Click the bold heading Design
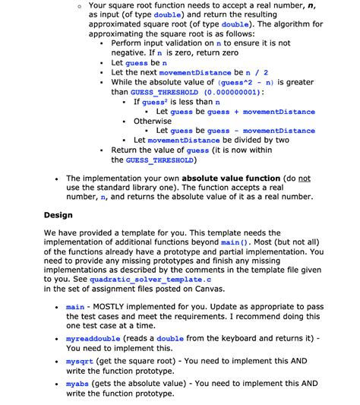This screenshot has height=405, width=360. tap(58, 215)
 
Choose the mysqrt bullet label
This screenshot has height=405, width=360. tap(81, 363)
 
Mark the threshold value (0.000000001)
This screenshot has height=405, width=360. tap(226, 91)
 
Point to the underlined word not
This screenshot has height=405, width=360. tap(304, 178)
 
